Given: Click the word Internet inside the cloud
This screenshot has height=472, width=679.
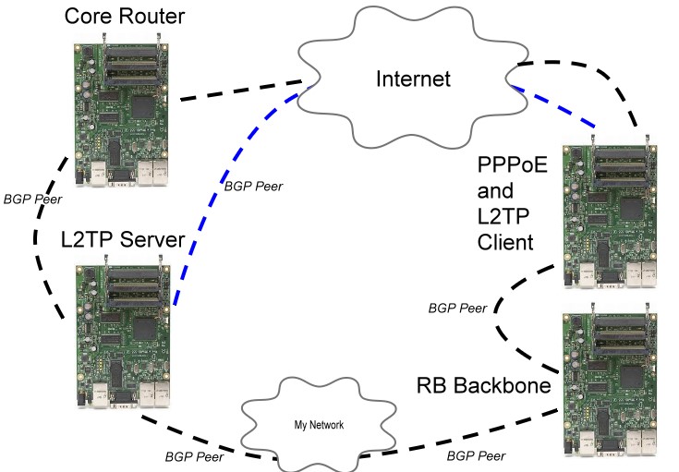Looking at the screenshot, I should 413,79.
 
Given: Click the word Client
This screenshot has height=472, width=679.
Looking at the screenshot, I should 506,243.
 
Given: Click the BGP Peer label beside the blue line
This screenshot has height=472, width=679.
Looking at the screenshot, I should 253,186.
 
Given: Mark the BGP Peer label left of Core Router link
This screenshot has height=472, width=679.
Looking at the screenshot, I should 30,198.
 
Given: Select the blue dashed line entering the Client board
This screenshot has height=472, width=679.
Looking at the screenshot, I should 554,109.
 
